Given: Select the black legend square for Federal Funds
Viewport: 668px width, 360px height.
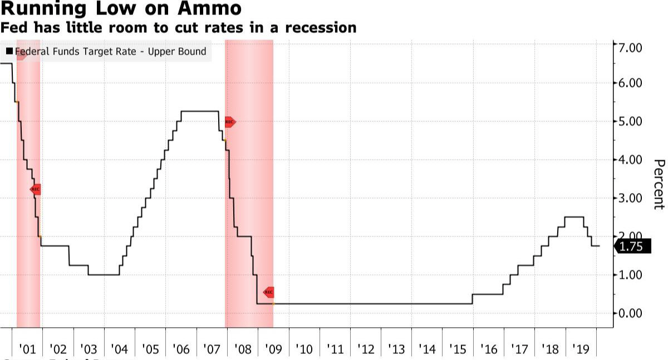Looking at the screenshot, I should [9, 52].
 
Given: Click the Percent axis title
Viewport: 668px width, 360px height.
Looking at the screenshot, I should [659, 184].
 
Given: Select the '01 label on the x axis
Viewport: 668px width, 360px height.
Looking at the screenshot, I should [27, 349].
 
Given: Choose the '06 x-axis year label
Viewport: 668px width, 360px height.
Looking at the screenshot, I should [181, 349].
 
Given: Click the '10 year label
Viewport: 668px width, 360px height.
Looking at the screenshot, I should [304, 349].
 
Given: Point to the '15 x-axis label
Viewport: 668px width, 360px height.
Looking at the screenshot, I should [458, 349].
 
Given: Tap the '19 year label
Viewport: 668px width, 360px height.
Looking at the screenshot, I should [581, 349].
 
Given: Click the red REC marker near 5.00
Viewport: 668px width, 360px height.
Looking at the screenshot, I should [229, 121].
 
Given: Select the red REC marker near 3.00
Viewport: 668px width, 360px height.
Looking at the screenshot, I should [35, 189].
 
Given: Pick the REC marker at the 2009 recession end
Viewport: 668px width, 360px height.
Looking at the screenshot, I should [268, 292].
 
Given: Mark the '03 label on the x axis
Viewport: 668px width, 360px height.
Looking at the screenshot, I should [89, 349].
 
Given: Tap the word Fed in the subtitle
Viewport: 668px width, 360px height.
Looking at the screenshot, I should [12, 27].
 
